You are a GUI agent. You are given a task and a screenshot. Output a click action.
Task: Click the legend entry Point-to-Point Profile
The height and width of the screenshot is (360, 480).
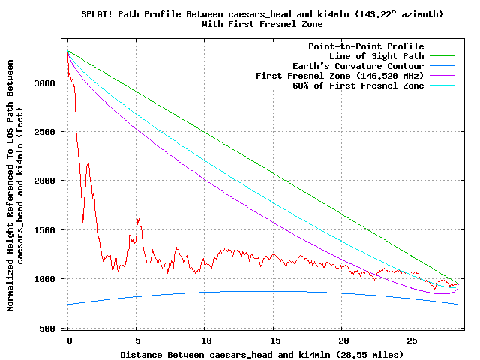pos(366,46)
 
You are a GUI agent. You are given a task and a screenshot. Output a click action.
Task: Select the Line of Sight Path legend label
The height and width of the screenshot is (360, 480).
pos(376,56)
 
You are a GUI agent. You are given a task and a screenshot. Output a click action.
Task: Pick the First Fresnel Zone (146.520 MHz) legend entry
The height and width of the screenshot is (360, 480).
pos(340,76)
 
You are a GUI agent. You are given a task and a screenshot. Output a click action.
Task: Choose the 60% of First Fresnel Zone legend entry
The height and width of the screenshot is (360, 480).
pos(358,85)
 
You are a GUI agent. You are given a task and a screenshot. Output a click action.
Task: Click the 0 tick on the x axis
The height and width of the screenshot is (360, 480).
pos(69,340)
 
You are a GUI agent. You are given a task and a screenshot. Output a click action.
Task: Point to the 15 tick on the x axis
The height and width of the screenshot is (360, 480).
pos(274,340)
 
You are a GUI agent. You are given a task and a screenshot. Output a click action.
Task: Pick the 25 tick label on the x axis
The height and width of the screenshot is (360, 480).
pos(410,340)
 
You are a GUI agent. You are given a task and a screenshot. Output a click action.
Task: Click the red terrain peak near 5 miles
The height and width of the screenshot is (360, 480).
pos(138,219)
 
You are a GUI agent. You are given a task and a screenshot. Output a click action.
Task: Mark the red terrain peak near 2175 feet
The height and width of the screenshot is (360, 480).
pos(88,163)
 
